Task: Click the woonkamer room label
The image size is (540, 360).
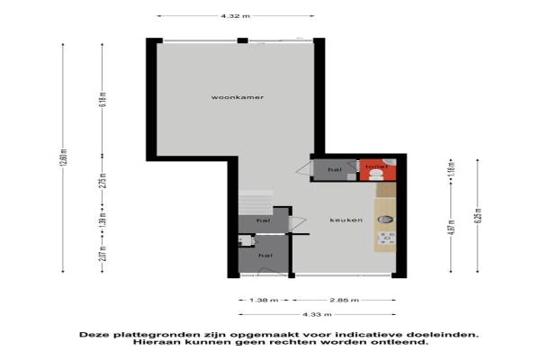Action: (x=230, y=96)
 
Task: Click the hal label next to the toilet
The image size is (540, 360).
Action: (x=334, y=169)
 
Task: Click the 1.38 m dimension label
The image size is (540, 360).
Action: (x=258, y=300)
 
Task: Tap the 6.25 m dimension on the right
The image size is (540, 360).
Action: (x=479, y=216)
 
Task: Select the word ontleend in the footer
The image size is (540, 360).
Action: (x=401, y=342)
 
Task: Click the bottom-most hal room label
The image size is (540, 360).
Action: (x=265, y=256)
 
